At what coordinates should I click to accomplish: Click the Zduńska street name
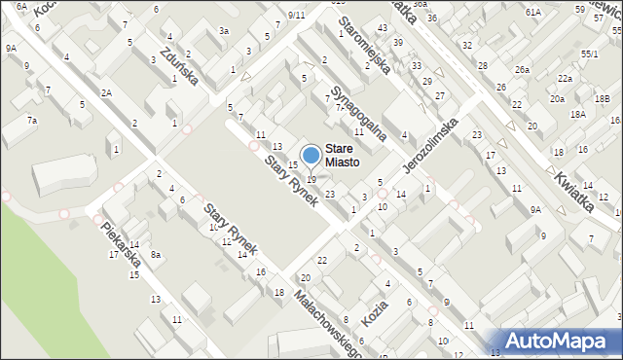pyautogui.click(x=180, y=65)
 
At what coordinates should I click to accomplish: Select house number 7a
pyautogui.click(x=32, y=120)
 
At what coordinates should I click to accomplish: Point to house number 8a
pyautogui.click(x=155, y=254)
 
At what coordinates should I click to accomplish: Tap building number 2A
pyautogui.click(x=107, y=92)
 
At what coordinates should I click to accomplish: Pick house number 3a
pyautogui.click(x=224, y=31)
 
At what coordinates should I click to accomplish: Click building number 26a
pyautogui.click(x=523, y=69)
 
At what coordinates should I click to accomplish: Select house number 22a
pyautogui.click(x=565, y=78)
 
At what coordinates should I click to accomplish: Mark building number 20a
pyautogui.click(x=557, y=99)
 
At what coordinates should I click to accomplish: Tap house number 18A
pyautogui.click(x=577, y=114)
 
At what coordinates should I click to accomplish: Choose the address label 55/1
pyautogui.click(x=589, y=54)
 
